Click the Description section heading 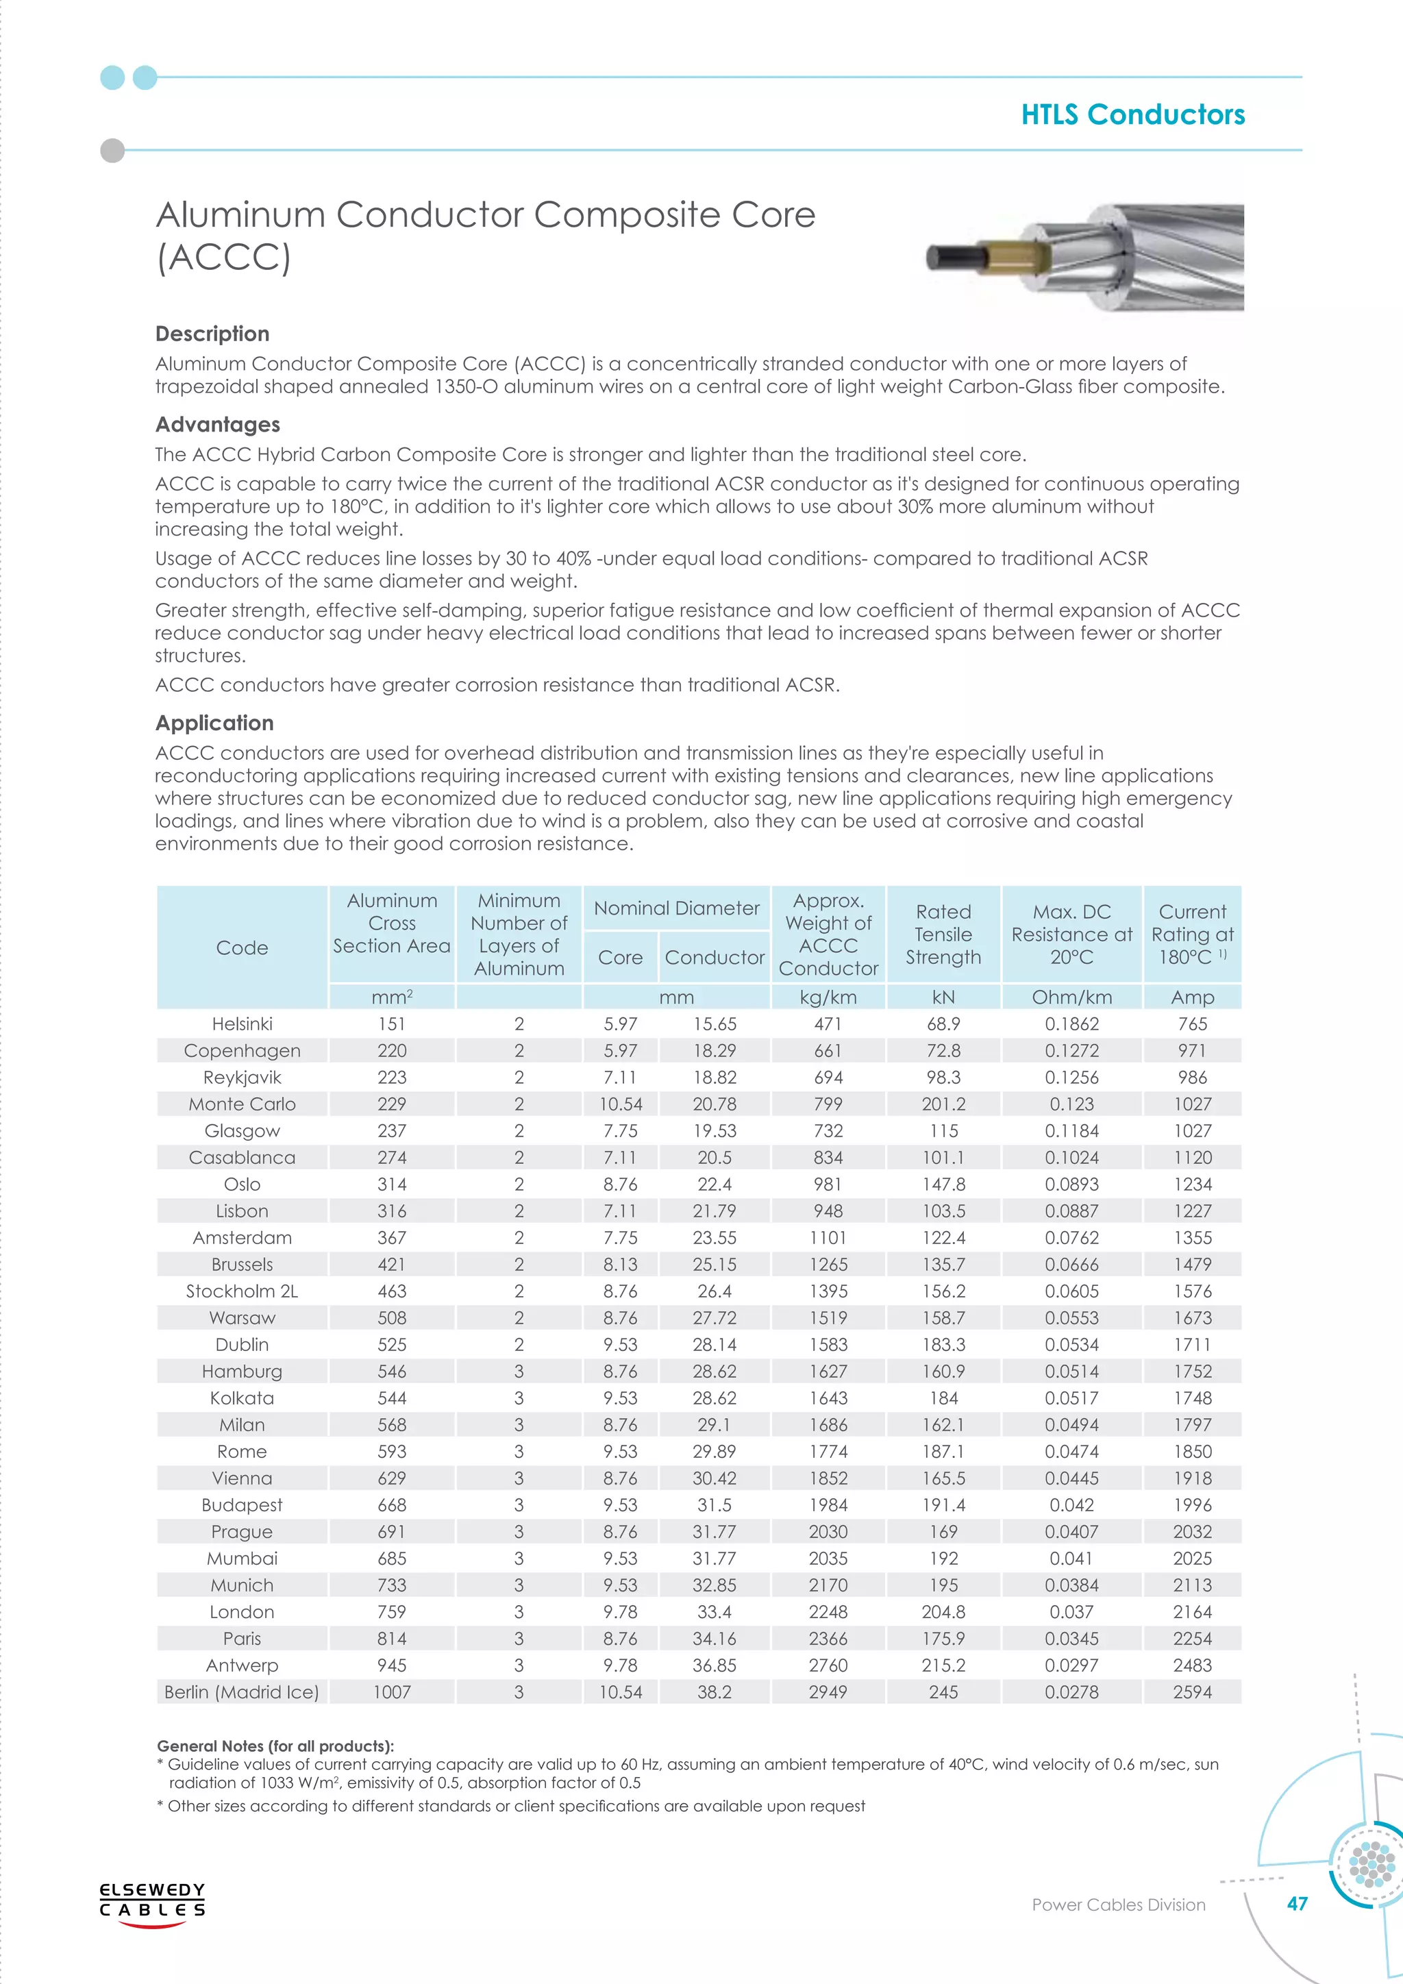click(212, 334)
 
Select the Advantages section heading click(218, 424)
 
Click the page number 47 click(1297, 1927)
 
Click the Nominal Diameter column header click(676, 908)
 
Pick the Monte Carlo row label click(242, 1104)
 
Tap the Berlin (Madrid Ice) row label click(242, 1692)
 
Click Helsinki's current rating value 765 click(1192, 1024)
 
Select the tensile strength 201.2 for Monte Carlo click(943, 1104)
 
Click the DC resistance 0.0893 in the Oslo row click(1071, 1184)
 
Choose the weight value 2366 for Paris click(828, 1638)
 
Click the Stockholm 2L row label click(242, 1291)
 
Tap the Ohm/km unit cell click(1071, 997)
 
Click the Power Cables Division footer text click(1118, 1929)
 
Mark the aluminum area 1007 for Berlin click(391, 1692)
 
